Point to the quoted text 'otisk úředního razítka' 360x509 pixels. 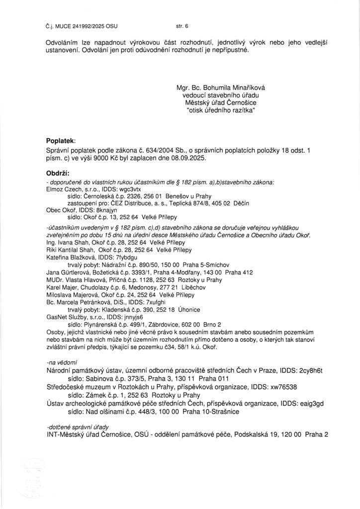coord(221,110)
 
